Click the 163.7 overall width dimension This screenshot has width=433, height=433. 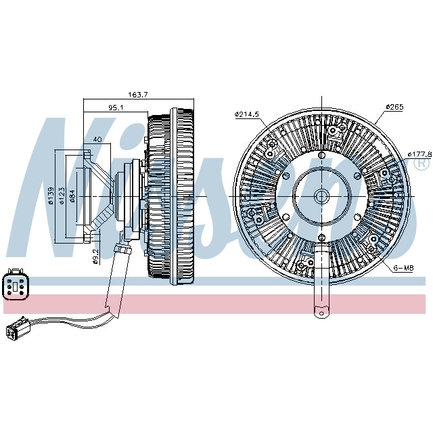pos(139,95)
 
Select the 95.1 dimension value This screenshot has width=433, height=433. pos(116,107)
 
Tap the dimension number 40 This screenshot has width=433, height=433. pos(97,139)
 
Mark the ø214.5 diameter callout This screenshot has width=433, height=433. pos(247,114)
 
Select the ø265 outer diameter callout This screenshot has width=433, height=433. pos(394,107)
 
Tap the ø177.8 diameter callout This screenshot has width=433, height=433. pos(419,154)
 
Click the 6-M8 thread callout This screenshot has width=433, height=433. pos(403,269)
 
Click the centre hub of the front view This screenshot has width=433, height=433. pos(321,196)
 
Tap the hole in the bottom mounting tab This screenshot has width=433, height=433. pos(321,312)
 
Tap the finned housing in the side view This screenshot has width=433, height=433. pos(173,196)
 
